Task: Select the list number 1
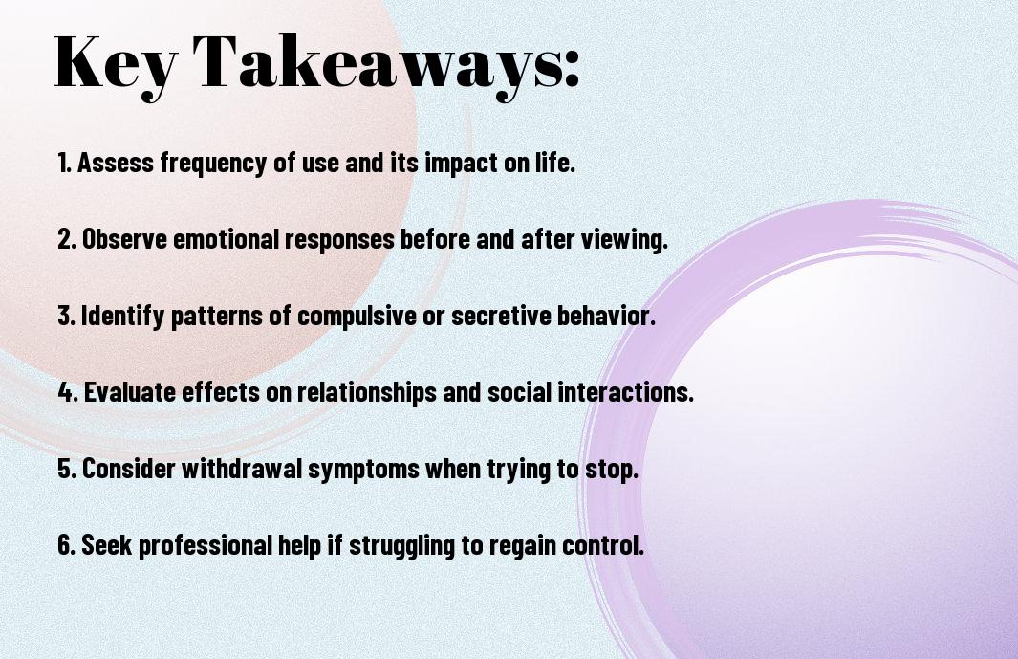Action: (64, 163)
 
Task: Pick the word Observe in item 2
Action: (124, 239)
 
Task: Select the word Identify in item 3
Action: (122, 317)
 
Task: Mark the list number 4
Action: (68, 392)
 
